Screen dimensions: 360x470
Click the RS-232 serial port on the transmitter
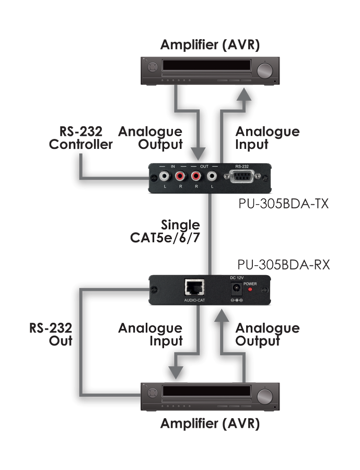coord(242,177)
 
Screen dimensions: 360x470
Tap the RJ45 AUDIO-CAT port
coord(195,288)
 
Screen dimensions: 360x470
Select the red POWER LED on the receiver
coord(250,289)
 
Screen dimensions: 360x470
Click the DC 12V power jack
coord(236,289)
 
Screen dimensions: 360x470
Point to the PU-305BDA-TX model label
coord(283,204)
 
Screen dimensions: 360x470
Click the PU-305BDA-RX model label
coord(284,265)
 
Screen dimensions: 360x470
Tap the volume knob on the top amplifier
coord(265,72)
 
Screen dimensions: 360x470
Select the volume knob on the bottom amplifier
coord(265,396)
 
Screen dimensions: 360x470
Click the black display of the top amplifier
coord(206,65)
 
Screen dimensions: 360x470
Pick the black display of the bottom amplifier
coord(206,391)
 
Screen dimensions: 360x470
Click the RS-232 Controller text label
coord(80,138)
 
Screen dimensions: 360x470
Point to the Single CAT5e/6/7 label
coord(165,231)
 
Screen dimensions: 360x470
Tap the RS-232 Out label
coord(51,334)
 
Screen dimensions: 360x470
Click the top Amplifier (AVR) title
coord(210,45)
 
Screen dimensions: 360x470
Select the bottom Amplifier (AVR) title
coord(210,424)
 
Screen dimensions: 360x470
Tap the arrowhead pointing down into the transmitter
coord(199,154)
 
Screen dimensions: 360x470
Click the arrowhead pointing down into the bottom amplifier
coord(176,373)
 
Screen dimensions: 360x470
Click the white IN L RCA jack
coord(165,176)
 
